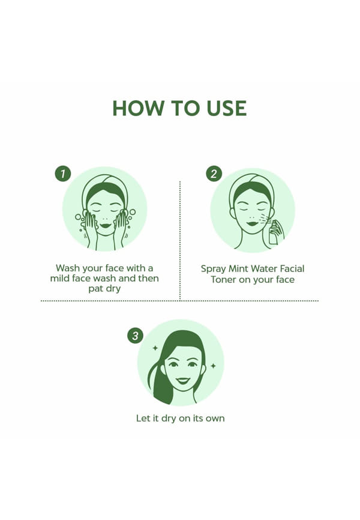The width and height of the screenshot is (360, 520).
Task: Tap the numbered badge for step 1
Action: tap(62, 174)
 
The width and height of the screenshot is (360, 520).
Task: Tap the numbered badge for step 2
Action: tap(214, 174)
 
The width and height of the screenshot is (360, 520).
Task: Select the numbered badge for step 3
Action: tap(135, 336)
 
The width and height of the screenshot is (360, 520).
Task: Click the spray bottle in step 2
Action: tap(274, 233)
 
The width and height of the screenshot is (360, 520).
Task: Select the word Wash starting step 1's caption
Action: tap(68, 268)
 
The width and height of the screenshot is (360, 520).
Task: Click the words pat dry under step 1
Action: tap(104, 288)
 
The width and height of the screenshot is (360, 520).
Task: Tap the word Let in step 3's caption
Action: tap(143, 418)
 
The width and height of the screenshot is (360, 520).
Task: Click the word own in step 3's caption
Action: tap(215, 419)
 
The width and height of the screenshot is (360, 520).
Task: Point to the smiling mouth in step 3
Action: tap(183, 381)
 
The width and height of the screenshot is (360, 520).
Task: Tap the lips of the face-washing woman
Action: tap(105, 226)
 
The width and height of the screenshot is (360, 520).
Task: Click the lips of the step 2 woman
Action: tap(252, 224)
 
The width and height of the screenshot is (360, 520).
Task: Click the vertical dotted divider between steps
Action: tap(180, 240)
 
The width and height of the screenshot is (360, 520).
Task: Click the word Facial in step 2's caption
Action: tap(292, 268)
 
